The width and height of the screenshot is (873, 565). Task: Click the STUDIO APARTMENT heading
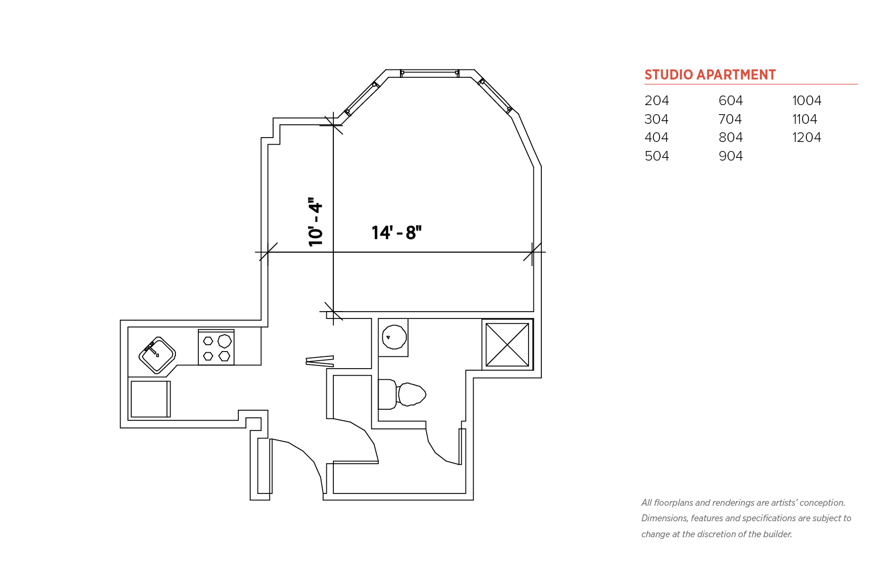[x=710, y=75]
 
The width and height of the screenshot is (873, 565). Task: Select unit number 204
[x=656, y=101]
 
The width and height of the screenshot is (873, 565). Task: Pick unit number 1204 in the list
[x=806, y=137]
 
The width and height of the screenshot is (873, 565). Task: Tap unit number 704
[x=730, y=119]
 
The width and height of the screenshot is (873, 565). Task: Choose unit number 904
[x=731, y=156]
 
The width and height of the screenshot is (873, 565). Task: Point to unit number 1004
[x=807, y=101]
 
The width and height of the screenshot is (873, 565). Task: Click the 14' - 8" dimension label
[x=396, y=233]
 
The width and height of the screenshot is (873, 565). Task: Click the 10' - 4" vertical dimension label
[x=315, y=222]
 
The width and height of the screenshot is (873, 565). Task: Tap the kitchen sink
[x=157, y=355]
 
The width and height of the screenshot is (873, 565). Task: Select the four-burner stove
[x=216, y=347]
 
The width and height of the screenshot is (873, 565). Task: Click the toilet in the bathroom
[x=402, y=394]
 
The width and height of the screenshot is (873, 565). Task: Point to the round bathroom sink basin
[x=394, y=337]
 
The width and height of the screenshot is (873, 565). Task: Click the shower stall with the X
[x=507, y=344]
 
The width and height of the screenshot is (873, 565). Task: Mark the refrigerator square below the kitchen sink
[x=150, y=399]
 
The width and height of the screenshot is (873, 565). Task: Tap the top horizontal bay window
[x=429, y=73]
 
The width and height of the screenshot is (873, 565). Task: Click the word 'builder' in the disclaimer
[x=777, y=534]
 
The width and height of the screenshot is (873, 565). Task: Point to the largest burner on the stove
[x=225, y=341]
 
